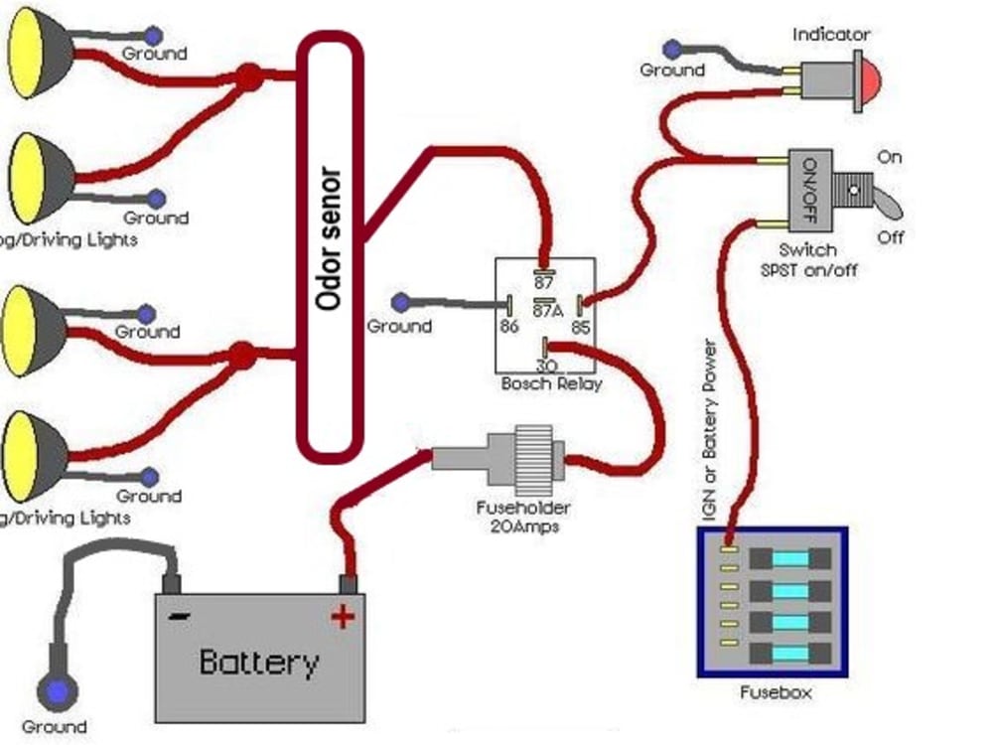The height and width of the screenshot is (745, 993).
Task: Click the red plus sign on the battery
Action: pos(343,618)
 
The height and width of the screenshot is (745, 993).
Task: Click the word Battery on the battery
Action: pos(259,662)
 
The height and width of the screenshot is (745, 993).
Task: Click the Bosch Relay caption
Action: pos(552,383)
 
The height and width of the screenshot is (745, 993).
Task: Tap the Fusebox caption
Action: pos(775,692)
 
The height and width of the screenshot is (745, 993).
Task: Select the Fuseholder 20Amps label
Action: pos(523,517)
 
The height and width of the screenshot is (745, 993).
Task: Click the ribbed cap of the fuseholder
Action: pos(535,458)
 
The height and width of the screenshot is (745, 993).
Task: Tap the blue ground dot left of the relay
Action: pos(400,301)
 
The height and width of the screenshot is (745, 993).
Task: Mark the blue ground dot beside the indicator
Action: pos(673,48)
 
